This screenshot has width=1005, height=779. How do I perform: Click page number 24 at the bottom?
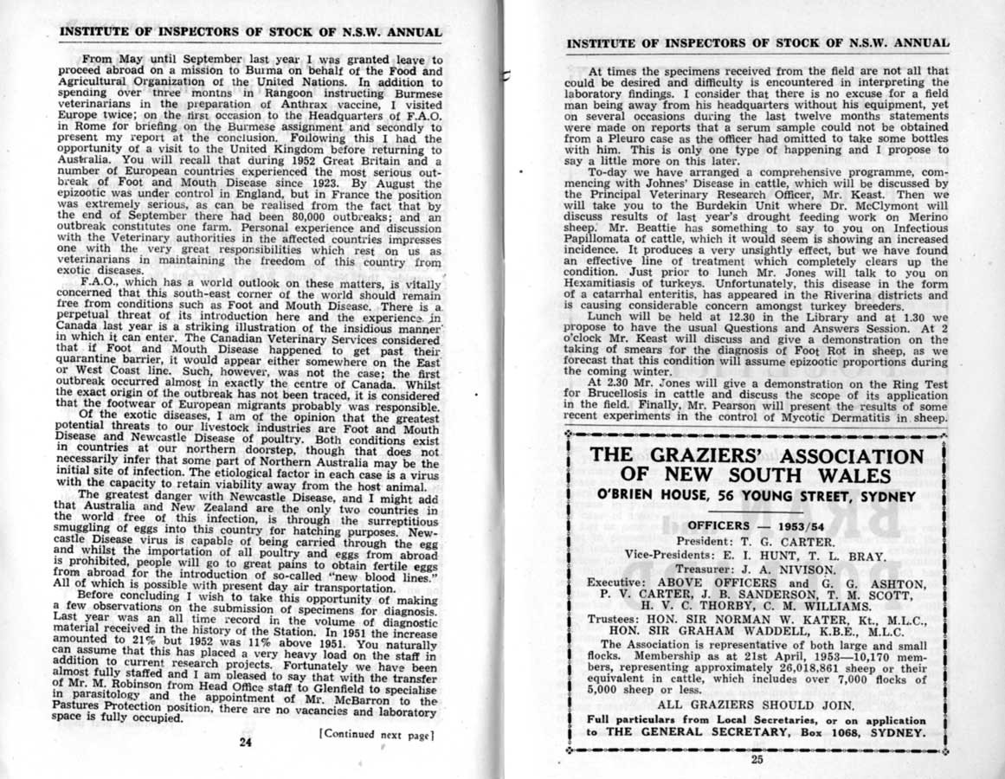click(246, 741)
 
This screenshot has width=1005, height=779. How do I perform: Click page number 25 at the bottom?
click(758, 760)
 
